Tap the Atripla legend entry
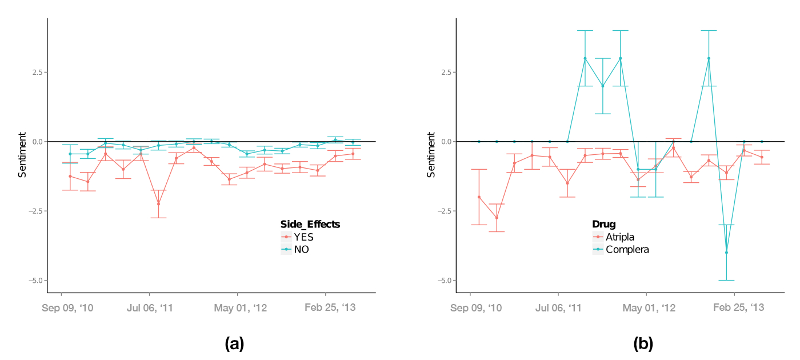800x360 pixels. (620, 237)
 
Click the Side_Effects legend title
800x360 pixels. (310, 224)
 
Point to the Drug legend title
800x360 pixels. (603, 224)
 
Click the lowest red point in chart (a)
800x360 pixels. (158, 204)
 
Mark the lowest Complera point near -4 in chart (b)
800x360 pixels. (726, 253)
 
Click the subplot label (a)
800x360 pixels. (235, 343)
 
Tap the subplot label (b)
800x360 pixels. (643, 343)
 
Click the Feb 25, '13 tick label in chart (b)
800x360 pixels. (738, 308)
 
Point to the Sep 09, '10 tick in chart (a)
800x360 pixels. (68, 308)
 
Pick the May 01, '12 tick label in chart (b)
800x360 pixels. (649, 308)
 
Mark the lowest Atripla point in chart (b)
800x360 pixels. (497, 218)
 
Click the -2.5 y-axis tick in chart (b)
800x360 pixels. (445, 211)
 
